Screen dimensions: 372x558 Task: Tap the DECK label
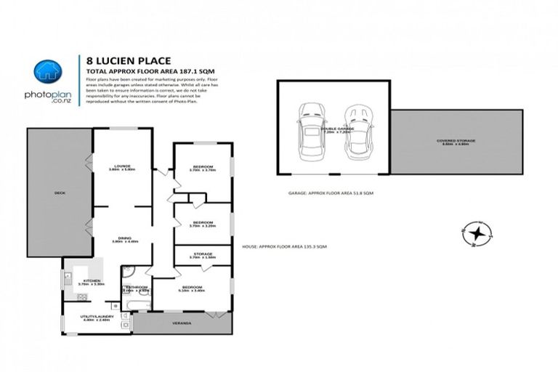coord(60,193)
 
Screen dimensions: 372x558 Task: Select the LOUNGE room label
coord(122,167)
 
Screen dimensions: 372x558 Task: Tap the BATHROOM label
coord(136,288)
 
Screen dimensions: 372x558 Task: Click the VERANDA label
coord(182,323)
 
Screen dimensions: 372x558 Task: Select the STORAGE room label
coord(202,255)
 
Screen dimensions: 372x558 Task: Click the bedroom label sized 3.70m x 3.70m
coord(202,169)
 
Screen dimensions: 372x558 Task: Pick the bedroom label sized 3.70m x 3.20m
coord(202,224)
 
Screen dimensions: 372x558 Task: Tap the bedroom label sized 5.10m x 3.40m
coord(192,288)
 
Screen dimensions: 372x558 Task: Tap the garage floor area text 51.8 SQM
coord(331,193)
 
